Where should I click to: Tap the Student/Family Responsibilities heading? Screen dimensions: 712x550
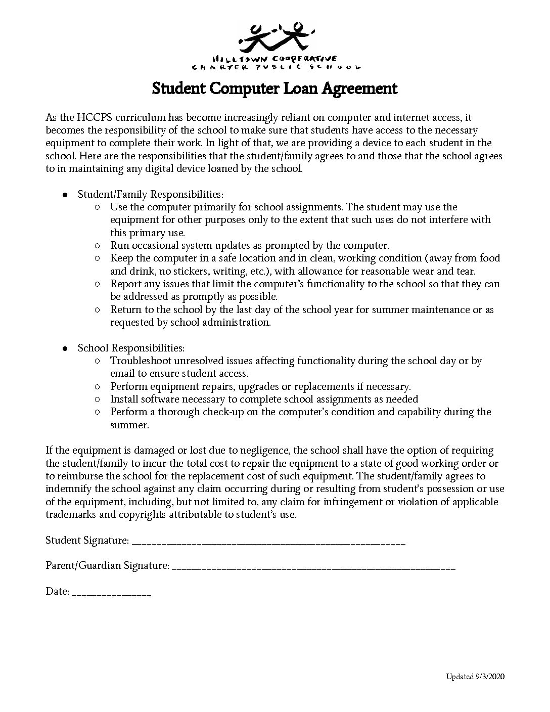click(150, 194)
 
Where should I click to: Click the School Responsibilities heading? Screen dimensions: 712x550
click(131, 348)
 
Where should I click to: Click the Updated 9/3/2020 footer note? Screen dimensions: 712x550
click(475, 677)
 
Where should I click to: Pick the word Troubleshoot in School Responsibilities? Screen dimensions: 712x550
click(141, 361)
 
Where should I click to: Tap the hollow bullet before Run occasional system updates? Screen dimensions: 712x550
click(98, 246)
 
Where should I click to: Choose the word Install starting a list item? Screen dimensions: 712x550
click(124, 399)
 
